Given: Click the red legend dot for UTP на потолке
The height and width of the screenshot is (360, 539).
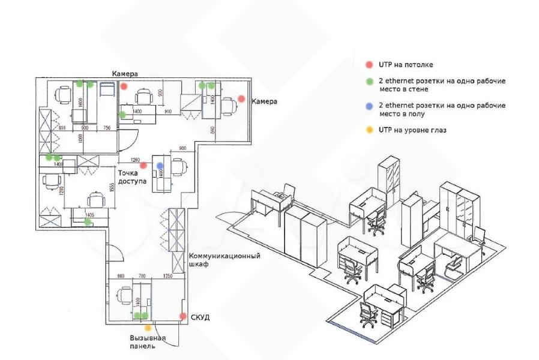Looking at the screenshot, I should tap(369, 64).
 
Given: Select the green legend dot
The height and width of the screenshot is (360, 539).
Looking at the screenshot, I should tap(369, 80).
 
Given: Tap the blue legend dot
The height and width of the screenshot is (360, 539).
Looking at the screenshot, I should tap(369, 105).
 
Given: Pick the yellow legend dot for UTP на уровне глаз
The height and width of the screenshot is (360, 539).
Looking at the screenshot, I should tap(369, 129).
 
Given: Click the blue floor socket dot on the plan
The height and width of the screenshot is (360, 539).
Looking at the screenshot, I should tap(160, 165).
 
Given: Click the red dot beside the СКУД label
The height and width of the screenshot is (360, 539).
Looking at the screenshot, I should tap(182, 316).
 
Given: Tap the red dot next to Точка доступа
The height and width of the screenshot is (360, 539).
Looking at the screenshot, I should tap(143, 166).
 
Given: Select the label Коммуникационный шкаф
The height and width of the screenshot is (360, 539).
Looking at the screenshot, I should tap(224, 260).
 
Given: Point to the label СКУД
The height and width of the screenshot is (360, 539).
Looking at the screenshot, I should tap(200, 317).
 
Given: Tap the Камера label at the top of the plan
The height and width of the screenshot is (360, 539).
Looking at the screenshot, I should tap(125, 73).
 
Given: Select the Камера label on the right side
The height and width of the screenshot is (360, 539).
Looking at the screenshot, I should tap(264, 101).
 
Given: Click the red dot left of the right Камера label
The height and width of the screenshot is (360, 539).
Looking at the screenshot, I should tap(241, 98).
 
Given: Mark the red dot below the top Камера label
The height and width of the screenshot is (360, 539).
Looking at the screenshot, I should tap(124, 86).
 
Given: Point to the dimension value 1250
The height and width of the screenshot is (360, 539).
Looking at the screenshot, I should tap(167, 276).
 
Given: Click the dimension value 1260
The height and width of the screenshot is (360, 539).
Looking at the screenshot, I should tap(135, 160).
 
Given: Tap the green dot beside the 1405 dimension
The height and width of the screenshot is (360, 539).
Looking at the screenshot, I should tap(88, 222).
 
